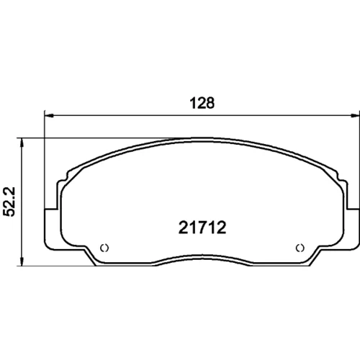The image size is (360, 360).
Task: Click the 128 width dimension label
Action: click(x=202, y=103)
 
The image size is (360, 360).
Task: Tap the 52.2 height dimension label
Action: click(x=9, y=202)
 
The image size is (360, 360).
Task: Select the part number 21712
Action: click(x=202, y=228)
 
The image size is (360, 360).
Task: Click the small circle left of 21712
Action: click(x=104, y=248)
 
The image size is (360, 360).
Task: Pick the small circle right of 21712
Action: click(x=300, y=248)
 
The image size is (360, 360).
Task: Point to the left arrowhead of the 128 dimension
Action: click(x=49, y=116)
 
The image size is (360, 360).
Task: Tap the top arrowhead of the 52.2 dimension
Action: click(x=22, y=142)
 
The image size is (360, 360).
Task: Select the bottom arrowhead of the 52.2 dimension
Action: click(x=22, y=262)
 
